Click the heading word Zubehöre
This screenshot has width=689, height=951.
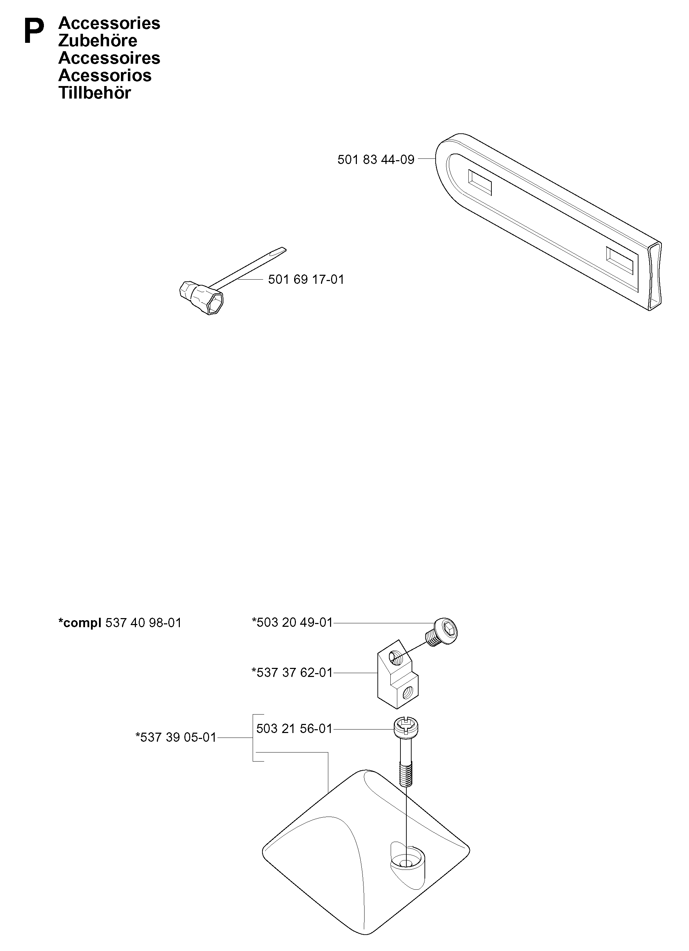tap(98, 41)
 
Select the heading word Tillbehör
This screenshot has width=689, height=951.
tap(95, 93)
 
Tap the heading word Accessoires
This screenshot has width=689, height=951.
tap(109, 58)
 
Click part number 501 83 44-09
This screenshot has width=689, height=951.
tap(376, 159)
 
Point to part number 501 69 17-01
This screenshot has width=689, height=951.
tap(306, 279)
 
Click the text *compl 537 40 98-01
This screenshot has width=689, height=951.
tap(120, 623)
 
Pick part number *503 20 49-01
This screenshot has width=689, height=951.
tap(292, 622)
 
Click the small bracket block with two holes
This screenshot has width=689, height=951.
tap(398, 675)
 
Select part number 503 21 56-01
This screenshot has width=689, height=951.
tap(294, 729)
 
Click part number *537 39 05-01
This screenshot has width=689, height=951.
tap(176, 737)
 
